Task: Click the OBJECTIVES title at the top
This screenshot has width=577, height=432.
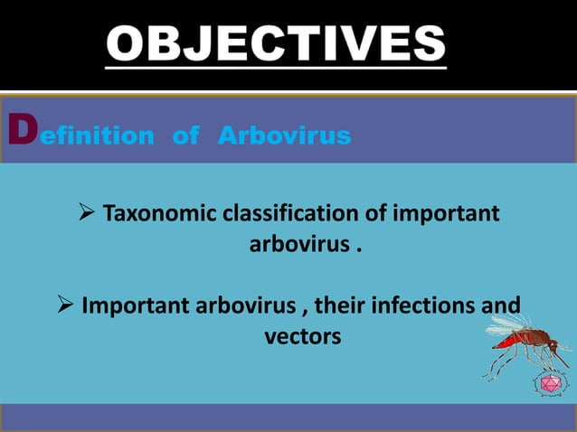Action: [276, 45]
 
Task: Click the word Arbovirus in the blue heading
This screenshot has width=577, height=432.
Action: [284, 136]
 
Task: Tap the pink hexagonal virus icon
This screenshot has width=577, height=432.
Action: [547, 384]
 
